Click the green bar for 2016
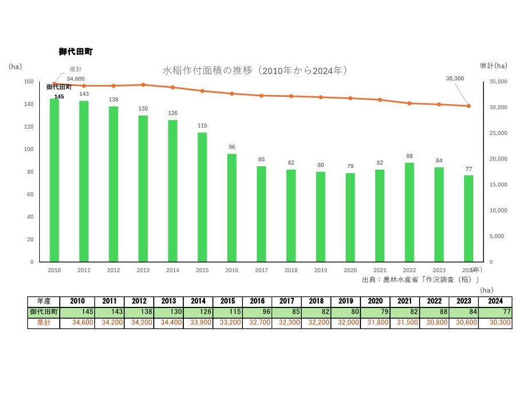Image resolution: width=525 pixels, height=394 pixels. click(232, 208)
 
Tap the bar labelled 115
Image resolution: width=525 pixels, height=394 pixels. click(202, 197)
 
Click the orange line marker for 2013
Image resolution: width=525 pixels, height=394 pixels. click(143, 85)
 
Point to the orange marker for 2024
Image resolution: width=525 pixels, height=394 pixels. click(469, 106)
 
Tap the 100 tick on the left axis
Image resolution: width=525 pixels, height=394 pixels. click(28, 149)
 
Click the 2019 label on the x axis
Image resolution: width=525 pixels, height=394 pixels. click(321, 270)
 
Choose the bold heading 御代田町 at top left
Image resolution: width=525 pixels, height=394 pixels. click(76, 52)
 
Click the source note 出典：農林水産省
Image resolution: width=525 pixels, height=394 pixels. click(421, 280)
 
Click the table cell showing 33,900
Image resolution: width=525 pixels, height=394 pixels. click(198, 323)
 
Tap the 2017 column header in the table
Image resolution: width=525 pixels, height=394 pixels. click(286, 301)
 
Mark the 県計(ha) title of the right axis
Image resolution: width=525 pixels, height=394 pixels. click(493, 66)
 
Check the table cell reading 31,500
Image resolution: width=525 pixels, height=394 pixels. click(405, 323)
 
